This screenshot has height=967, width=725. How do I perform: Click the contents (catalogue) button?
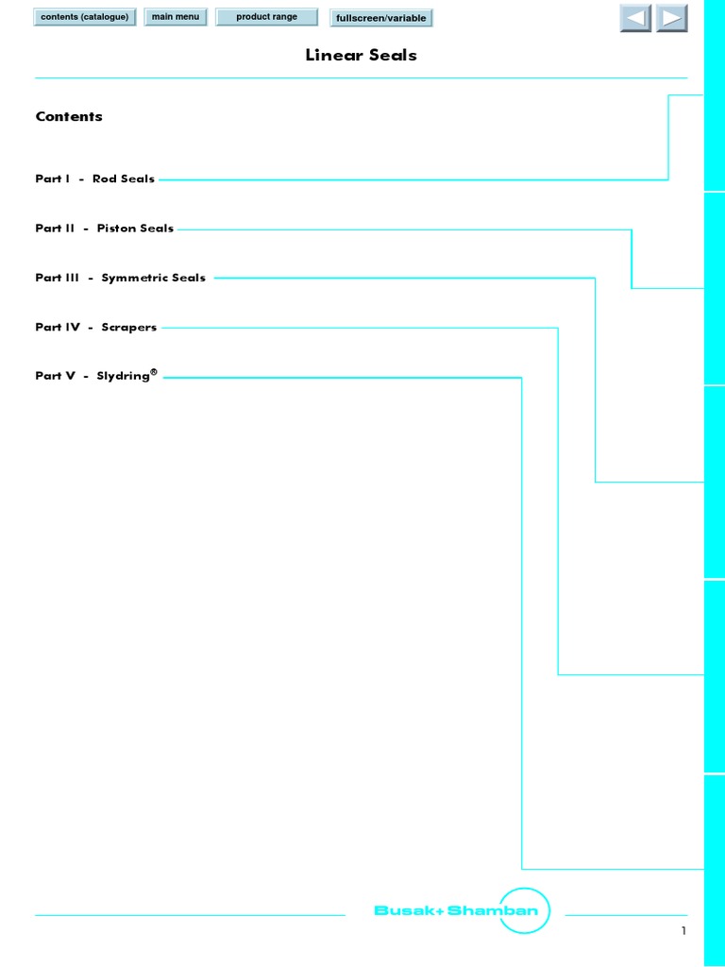pos(84,17)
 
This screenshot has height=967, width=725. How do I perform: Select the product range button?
pos(266,17)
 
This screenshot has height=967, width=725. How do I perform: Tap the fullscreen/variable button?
pos(381,18)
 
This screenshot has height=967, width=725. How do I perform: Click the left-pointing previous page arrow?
pos(635,18)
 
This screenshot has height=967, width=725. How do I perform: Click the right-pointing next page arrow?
pos(671,18)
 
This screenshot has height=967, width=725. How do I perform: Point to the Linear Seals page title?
pos(362,55)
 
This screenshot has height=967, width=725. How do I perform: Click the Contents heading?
pos(69,116)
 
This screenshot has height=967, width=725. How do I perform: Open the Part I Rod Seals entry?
pos(95,178)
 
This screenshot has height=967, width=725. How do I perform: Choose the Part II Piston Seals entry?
pos(105,229)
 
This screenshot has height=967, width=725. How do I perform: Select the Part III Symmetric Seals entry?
pos(120,279)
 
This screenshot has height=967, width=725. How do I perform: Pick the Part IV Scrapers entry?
pos(96,328)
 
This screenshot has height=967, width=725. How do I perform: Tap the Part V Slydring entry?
pos(96,375)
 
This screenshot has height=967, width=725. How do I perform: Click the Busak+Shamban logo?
pos(462,910)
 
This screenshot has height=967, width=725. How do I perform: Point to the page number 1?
pos(683,930)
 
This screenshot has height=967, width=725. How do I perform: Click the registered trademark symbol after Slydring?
pos(154,372)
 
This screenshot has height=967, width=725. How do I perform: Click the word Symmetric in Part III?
pos(134,279)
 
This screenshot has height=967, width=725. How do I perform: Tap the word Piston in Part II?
pos(116,229)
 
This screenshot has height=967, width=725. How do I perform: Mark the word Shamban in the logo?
pos(493,910)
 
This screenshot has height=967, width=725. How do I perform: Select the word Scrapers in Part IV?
pos(128,328)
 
